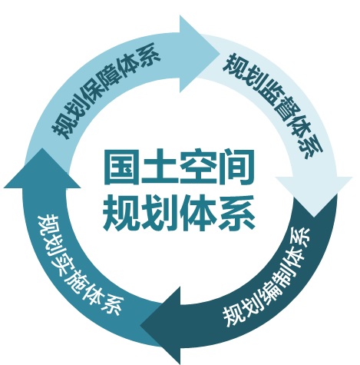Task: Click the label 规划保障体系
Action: [106, 90]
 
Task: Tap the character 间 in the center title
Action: [236, 168]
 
